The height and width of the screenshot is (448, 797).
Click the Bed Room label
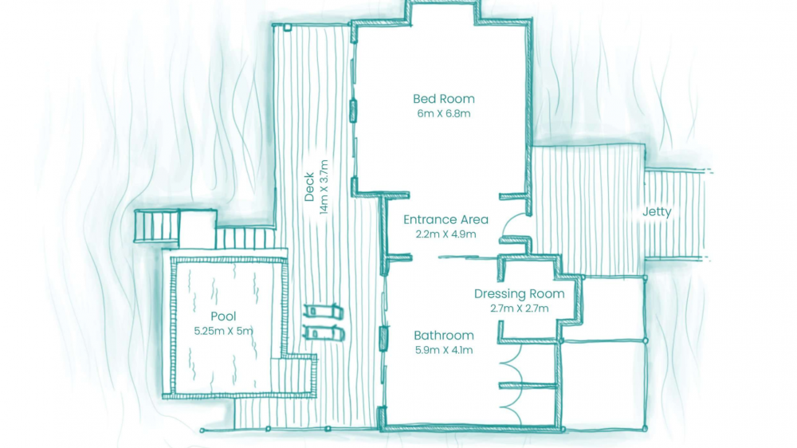[443, 99]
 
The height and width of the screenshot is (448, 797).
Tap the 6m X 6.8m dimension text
[444, 113]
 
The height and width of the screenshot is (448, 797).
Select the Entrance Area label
[446, 220]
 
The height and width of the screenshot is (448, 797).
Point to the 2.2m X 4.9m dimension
[446, 234]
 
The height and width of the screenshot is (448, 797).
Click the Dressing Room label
[519, 294]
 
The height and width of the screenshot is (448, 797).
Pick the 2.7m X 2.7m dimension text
[519, 308]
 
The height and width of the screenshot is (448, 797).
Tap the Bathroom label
[444, 336]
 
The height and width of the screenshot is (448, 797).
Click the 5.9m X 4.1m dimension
[444, 350]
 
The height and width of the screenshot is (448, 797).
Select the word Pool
[223, 316]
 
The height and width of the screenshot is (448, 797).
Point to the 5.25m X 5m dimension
[223, 331]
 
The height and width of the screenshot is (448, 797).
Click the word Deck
[309, 187]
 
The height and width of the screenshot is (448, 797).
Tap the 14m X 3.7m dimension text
[324, 187]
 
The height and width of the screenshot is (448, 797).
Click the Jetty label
[657, 212]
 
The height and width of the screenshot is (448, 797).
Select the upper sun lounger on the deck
[324, 311]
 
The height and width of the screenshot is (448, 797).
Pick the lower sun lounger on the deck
[324, 333]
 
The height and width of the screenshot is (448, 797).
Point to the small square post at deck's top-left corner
[288, 27]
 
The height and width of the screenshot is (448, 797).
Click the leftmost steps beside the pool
[157, 226]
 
